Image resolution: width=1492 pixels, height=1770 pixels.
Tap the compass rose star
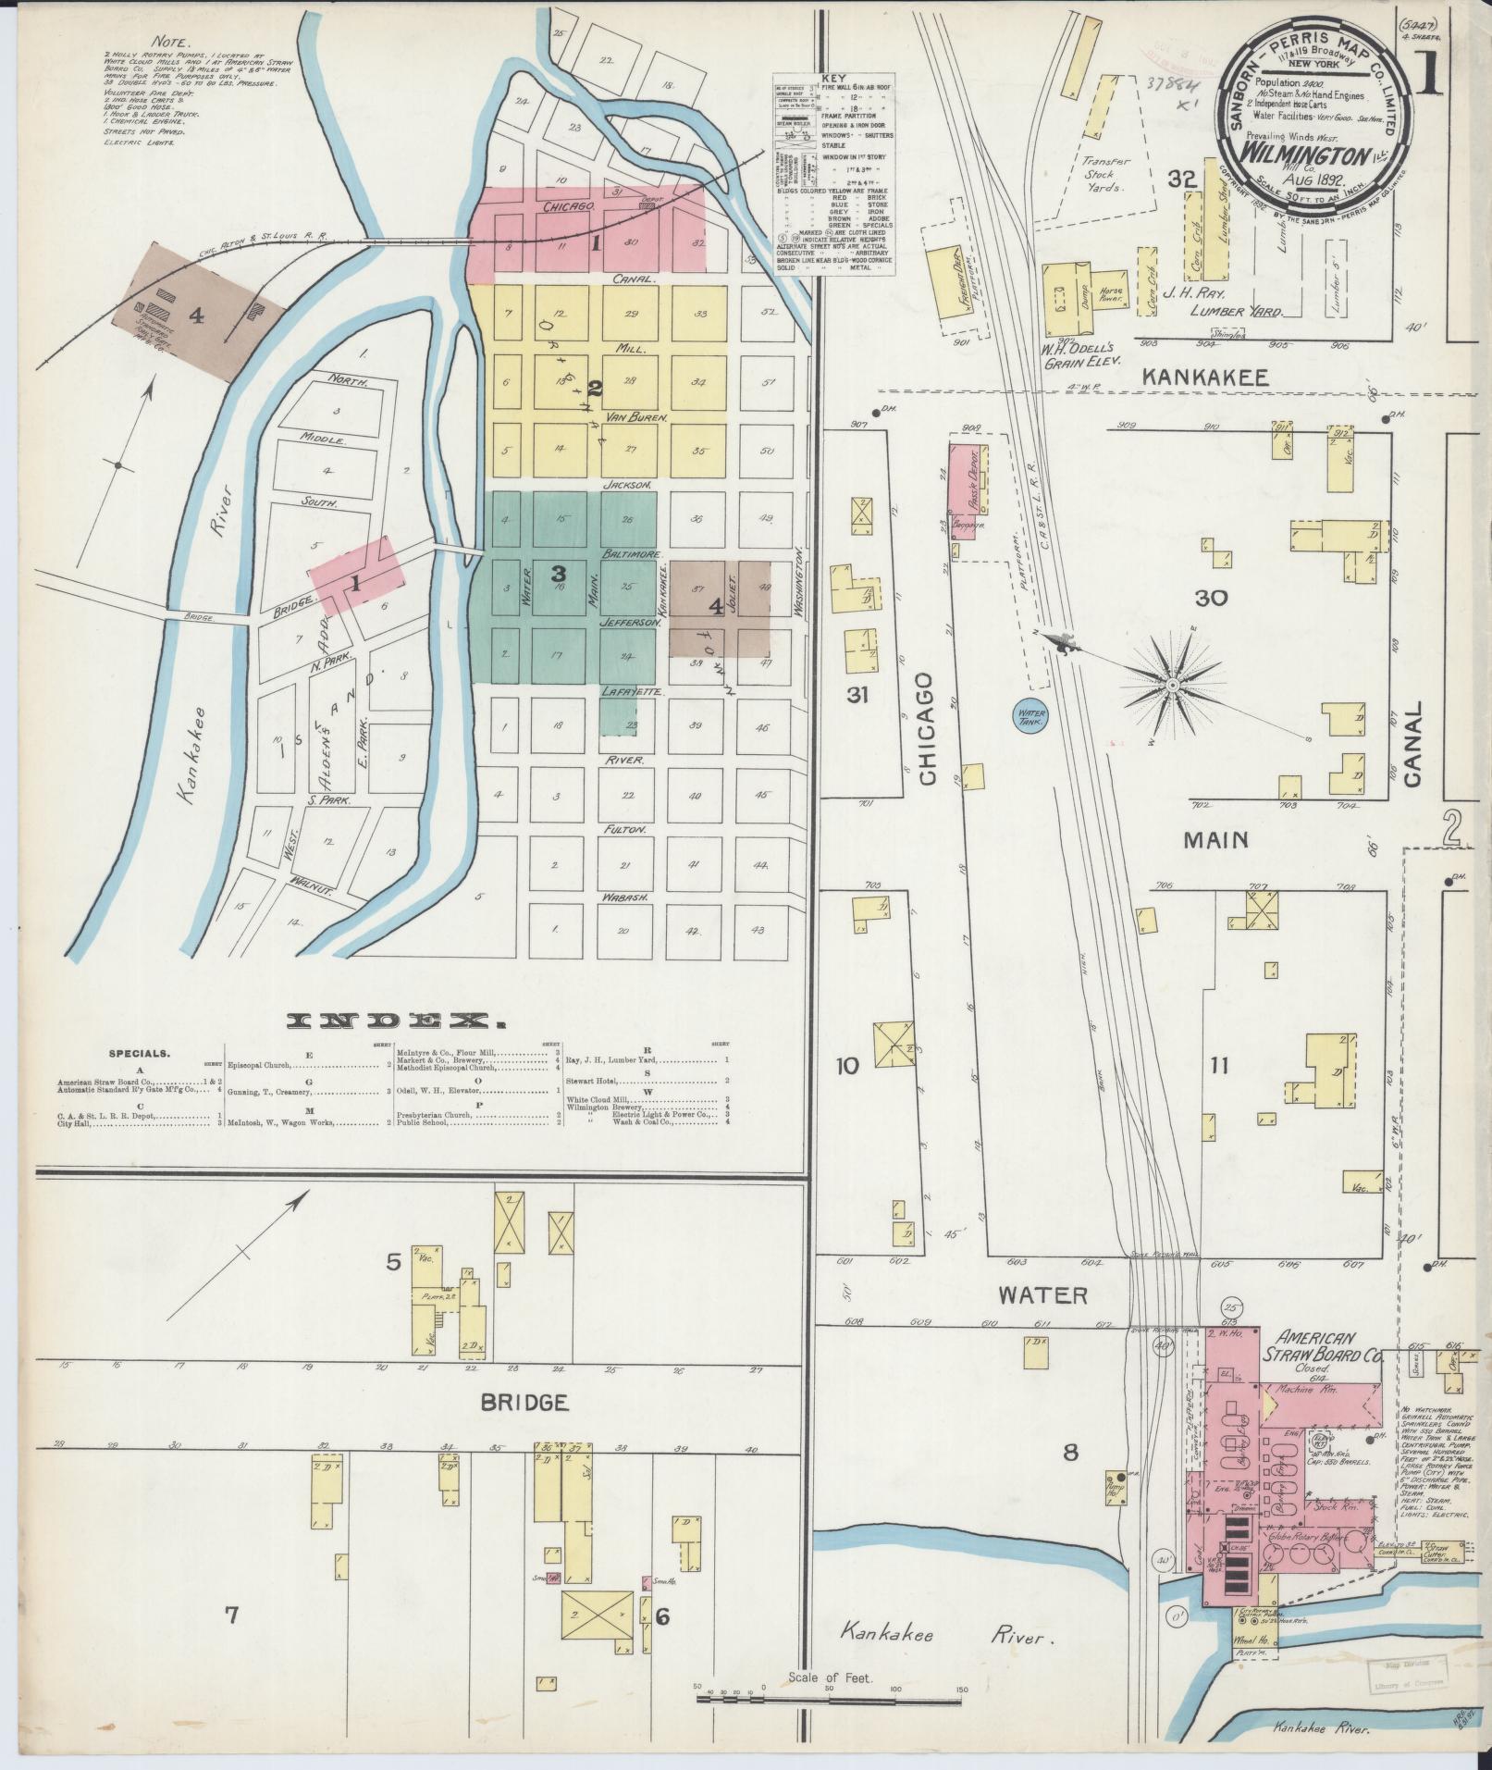(1171, 685)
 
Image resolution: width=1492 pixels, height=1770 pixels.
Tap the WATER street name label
(1043, 1295)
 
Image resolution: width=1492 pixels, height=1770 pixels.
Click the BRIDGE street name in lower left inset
(524, 1428)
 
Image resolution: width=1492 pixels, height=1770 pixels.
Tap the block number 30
(1211, 598)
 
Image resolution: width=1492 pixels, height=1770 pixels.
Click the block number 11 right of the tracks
(1218, 1066)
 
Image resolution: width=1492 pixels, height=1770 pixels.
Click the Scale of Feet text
(826, 1677)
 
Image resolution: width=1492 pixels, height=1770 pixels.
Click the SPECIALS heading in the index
(139, 1053)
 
